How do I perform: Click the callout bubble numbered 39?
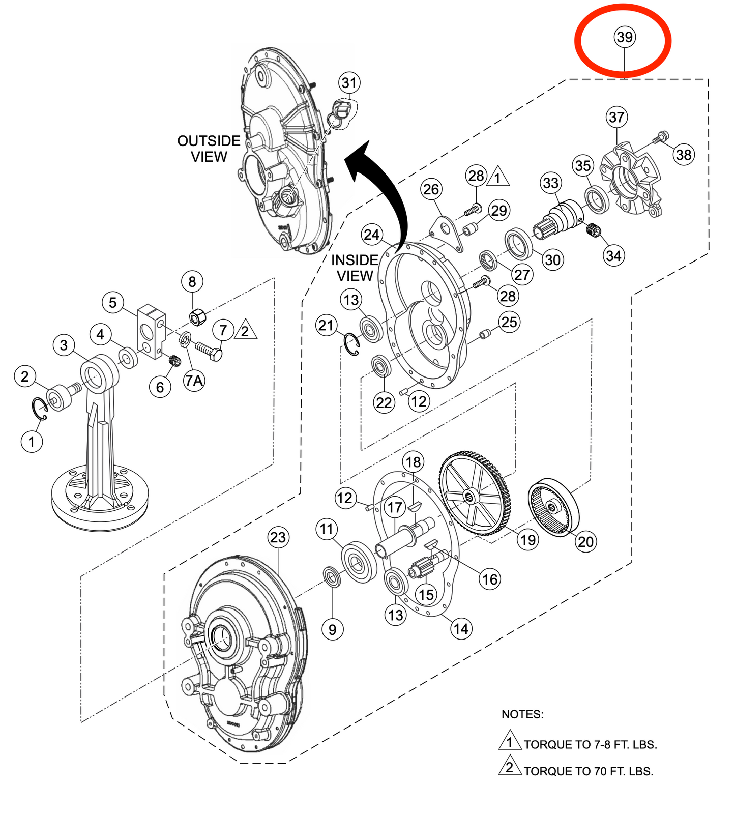click(x=624, y=37)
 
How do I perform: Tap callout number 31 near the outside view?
click(x=349, y=83)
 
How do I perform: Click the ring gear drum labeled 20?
click(x=554, y=507)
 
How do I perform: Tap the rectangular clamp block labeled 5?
click(x=151, y=331)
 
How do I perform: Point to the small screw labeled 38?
click(x=661, y=137)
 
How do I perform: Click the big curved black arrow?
click(x=387, y=193)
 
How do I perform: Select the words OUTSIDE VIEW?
click(x=209, y=149)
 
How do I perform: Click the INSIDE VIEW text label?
click(x=355, y=268)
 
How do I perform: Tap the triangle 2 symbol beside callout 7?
click(x=246, y=330)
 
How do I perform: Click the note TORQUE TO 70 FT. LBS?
click(x=588, y=771)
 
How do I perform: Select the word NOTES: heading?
click(x=522, y=714)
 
